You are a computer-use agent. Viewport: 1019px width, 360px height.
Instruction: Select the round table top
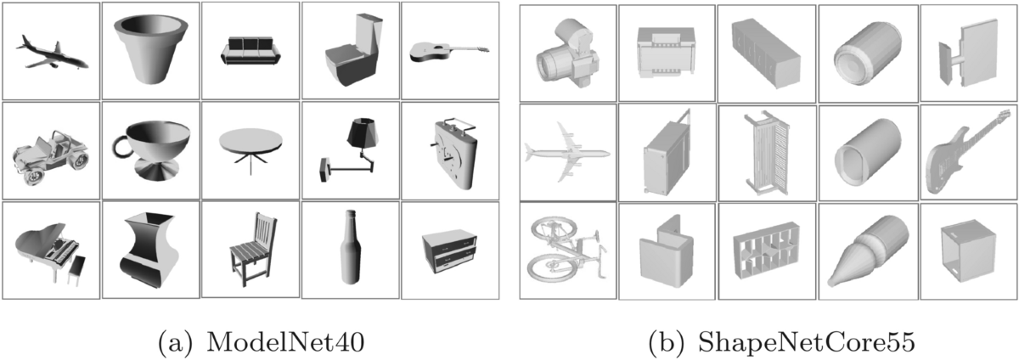click(251, 139)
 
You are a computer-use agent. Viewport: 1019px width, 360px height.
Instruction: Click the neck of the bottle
click(350, 222)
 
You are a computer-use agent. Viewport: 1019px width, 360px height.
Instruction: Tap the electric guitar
click(965, 149)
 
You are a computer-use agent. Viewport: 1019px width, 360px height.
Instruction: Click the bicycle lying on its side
click(566, 251)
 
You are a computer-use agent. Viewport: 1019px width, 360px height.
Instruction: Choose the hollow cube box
click(966, 250)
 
